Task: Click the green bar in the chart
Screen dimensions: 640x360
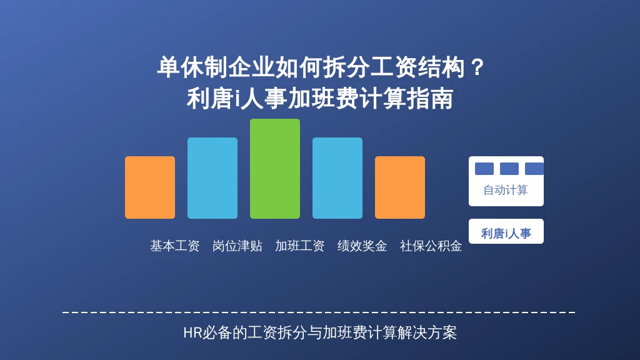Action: (275, 169)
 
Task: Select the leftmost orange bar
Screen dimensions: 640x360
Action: (150, 187)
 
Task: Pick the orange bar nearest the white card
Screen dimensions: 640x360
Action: (400, 187)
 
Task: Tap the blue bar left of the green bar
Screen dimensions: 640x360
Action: (212, 178)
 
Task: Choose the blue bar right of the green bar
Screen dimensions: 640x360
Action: (337, 178)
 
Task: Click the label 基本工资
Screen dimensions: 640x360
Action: (175, 246)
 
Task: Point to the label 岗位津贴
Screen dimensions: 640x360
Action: (237, 246)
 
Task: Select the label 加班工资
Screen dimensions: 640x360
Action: (299, 246)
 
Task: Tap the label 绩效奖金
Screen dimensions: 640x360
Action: (362, 246)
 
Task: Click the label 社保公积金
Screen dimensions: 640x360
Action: (431, 246)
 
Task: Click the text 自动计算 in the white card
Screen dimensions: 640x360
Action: (506, 190)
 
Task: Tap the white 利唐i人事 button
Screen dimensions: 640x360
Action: (506, 231)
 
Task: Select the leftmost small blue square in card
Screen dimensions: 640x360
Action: (484, 169)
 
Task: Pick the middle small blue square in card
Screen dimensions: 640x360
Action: (509, 169)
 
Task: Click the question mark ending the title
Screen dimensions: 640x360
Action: (477, 67)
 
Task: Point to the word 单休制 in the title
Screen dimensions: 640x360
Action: (192, 67)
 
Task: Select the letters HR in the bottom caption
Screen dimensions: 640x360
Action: (192, 332)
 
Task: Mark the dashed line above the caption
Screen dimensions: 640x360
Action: (319, 312)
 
